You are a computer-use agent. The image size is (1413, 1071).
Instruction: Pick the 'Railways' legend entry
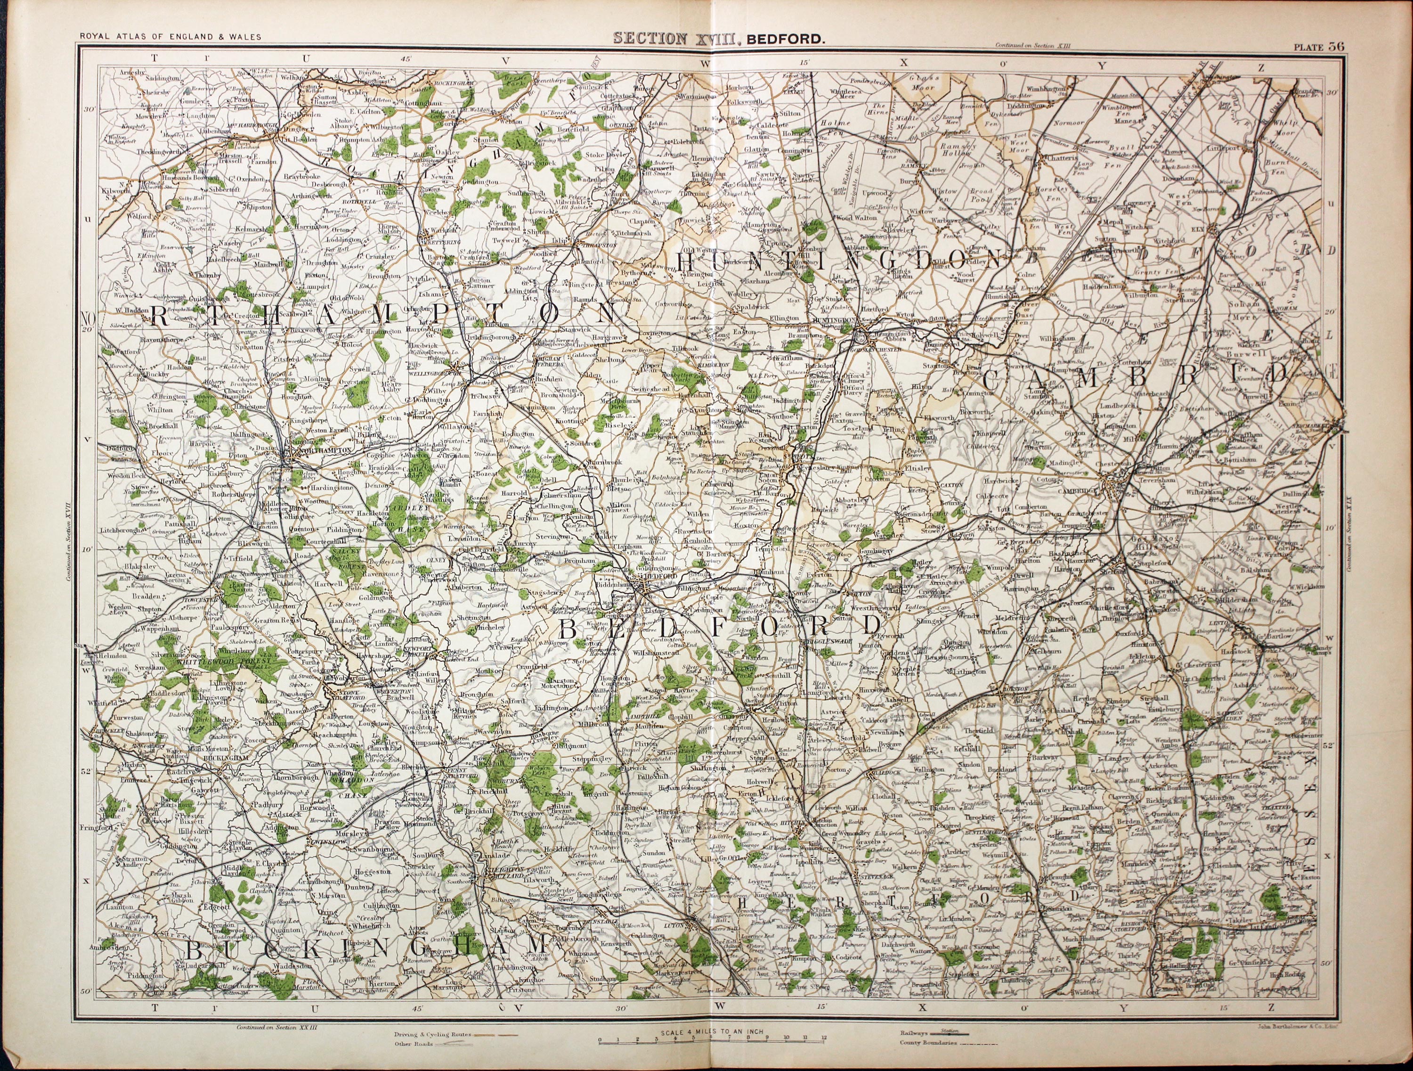tap(915, 1032)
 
